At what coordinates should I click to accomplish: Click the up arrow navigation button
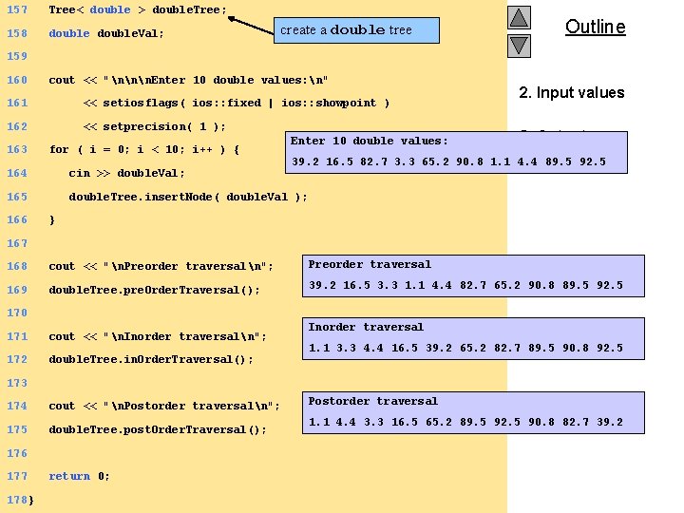point(518,17)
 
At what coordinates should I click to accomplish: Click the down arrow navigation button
point(518,45)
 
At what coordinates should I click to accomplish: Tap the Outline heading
point(595,27)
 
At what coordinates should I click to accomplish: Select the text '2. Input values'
point(571,92)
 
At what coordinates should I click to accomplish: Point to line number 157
point(17,9)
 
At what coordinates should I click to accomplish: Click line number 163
point(17,149)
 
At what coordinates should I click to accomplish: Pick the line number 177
point(17,476)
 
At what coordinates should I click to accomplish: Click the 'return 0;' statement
point(79,476)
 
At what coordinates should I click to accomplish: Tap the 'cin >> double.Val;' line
point(126,173)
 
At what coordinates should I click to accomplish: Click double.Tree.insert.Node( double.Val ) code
point(188,197)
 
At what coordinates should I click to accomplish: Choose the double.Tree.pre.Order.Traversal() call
point(154,290)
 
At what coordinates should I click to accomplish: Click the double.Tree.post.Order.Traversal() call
point(158,429)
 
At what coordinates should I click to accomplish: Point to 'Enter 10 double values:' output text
point(370,141)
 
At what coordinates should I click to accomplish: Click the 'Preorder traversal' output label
point(370,264)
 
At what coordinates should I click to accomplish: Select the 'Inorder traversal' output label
point(366,327)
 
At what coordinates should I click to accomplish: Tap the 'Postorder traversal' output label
point(373,401)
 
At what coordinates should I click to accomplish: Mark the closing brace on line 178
point(32,500)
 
